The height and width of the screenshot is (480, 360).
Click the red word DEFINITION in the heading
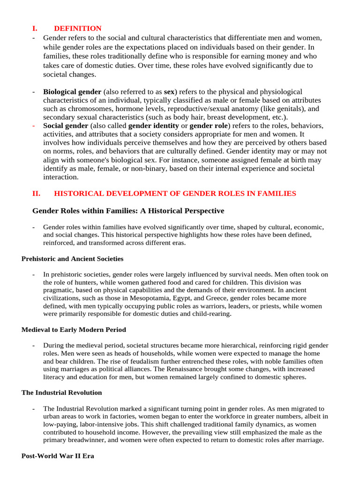(77, 29)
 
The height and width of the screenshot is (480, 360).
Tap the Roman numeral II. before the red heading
(36, 193)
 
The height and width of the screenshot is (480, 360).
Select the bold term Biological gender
(72, 91)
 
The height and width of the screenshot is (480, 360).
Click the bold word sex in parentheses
(169, 91)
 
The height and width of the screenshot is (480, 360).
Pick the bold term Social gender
(66, 126)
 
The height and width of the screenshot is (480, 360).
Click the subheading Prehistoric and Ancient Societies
(73, 259)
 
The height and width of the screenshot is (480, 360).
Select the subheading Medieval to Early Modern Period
(74, 330)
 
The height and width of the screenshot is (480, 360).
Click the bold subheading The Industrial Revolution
(61, 393)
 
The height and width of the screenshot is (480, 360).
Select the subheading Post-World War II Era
(58, 456)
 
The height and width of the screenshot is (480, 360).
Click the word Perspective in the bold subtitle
(199, 211)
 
